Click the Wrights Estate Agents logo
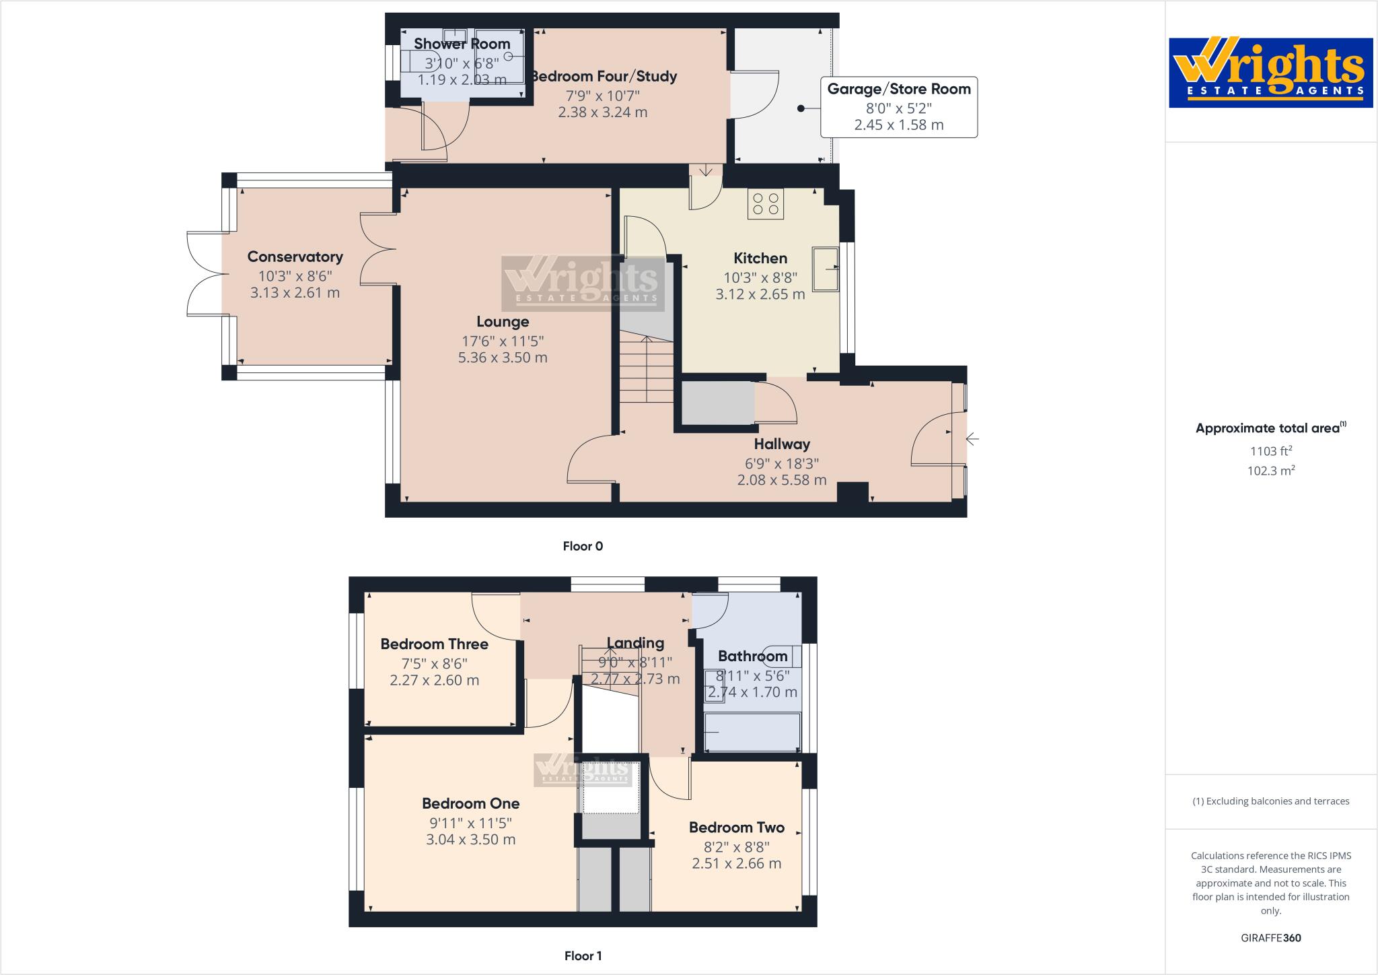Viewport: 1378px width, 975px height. [1270, 72]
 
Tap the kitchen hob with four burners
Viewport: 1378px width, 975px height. [766, 204]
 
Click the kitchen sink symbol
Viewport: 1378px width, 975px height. [826, 269]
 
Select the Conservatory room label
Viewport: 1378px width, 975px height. [295, 257]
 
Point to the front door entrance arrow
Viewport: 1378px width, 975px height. [972, 440]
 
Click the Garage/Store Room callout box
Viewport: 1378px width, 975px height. [898, 107]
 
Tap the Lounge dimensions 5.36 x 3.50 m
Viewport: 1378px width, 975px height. [502, 358]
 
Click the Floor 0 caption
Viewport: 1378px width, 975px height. [583, 546]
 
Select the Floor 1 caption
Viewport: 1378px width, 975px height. [583, 955]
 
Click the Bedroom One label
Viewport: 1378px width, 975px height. [470, 803]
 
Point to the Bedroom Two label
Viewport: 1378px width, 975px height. [736, 828]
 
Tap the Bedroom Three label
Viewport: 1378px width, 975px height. [434, 644]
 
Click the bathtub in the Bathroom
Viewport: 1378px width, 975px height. [752, 733]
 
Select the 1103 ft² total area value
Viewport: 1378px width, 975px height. [1270, 452]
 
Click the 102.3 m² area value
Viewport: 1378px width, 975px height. [1270, 471]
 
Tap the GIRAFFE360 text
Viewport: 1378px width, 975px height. [1270, 938]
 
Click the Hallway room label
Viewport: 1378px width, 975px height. [781, 444]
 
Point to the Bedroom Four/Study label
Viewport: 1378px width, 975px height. [603, 76]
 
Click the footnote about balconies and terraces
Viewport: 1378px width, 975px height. [1270, 801]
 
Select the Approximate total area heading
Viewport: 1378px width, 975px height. [1269, 428]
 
